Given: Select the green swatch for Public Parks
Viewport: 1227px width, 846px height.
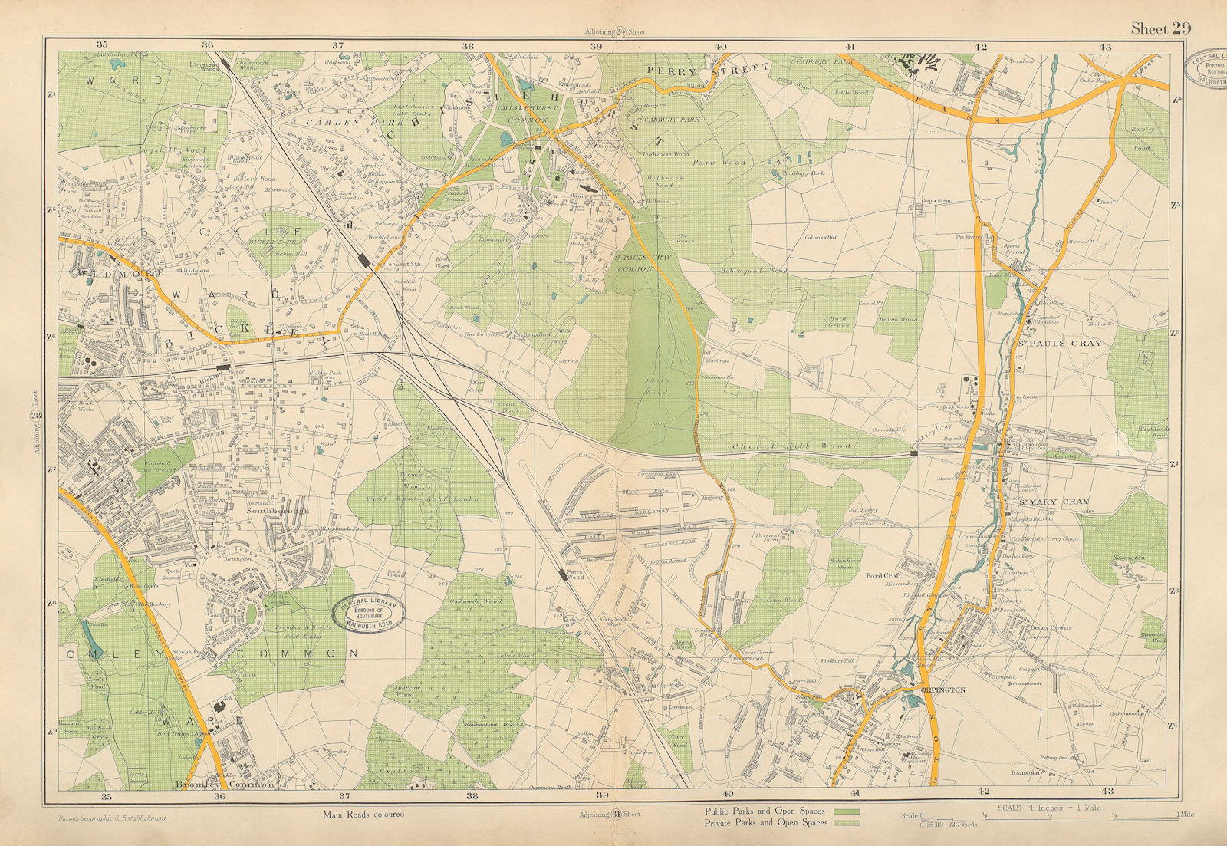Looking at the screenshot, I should point(844,811).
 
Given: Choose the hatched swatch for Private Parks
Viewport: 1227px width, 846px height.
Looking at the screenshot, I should point(844,823).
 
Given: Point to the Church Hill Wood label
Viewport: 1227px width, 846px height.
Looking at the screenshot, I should point(791,446).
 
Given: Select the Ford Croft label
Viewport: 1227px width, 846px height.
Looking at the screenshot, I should point(883,575).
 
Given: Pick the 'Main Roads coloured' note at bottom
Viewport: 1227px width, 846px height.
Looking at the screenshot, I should point(367,815).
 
